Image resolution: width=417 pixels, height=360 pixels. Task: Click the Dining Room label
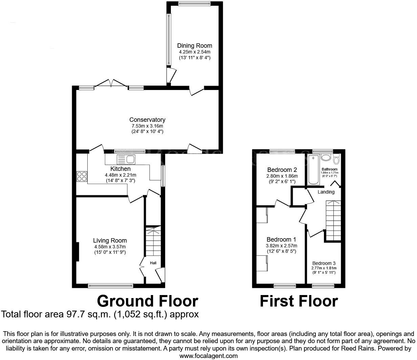(x=195, y=46)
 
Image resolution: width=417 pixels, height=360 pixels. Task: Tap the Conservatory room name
(x=147, y=120)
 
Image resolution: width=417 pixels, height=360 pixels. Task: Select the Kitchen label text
(x=120, y=169)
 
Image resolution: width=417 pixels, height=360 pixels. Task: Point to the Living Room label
(x=110, y=241)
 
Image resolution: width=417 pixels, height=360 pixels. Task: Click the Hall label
(x=153, y=263)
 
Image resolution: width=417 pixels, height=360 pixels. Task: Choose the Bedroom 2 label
(x=282, y=170)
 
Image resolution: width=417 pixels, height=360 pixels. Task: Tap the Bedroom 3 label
(x=324, y=263)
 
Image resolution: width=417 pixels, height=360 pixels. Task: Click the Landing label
(x=326, y=192)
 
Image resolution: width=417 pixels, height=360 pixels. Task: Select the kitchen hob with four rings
(x=82, y=176)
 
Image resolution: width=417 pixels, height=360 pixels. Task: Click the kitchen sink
(x=126, y=159)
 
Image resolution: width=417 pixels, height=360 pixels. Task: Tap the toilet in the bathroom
(x=336, y=159)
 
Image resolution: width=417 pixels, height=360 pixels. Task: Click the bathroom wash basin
(x=326, y=158)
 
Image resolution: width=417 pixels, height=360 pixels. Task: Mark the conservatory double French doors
(x=111, y=83)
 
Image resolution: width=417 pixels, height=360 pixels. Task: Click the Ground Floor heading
(x=148, y=301)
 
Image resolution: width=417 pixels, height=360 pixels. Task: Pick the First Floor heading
(x=299, y=301)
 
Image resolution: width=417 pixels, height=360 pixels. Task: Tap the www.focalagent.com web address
(x=208, y=356)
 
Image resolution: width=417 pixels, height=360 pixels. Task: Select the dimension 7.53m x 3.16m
(x=147, y=126)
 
